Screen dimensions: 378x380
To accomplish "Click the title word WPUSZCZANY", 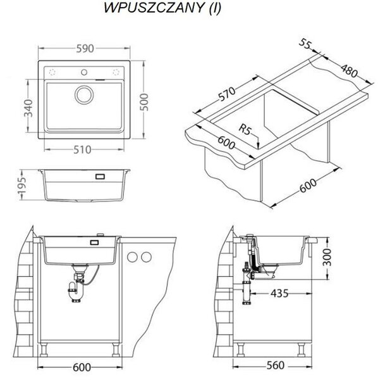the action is point(154,8).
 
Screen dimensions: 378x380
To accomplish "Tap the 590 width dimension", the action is point(85,49).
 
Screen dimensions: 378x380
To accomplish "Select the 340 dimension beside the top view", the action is point(28,108).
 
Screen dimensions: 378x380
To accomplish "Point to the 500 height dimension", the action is point(144,102).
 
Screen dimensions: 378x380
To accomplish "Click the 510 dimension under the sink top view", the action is point(82,149).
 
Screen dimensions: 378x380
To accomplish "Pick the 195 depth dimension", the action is point(21,186).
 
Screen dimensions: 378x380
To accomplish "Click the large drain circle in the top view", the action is point(84,95).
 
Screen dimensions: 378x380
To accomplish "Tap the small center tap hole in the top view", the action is point(84,72).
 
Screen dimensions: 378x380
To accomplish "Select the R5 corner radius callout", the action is point(245,129).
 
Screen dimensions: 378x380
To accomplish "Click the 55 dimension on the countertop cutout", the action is point(305,44).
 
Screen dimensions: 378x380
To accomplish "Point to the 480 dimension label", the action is point(350,71).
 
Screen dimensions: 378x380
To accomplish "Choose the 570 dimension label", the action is point(226,94).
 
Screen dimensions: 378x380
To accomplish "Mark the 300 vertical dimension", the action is point(327,257).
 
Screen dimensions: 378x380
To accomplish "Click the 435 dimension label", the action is point(279,293).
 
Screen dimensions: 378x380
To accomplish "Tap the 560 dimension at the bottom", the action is point(276,365).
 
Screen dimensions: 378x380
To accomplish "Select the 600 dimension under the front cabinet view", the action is point(82,367).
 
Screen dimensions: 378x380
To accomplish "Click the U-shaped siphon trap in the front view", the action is point(76,292).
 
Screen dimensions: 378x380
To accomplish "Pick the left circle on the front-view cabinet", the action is point(132,257).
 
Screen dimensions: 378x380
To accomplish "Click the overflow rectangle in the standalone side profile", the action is point(100,176).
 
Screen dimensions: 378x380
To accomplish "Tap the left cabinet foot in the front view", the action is point(44,349).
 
